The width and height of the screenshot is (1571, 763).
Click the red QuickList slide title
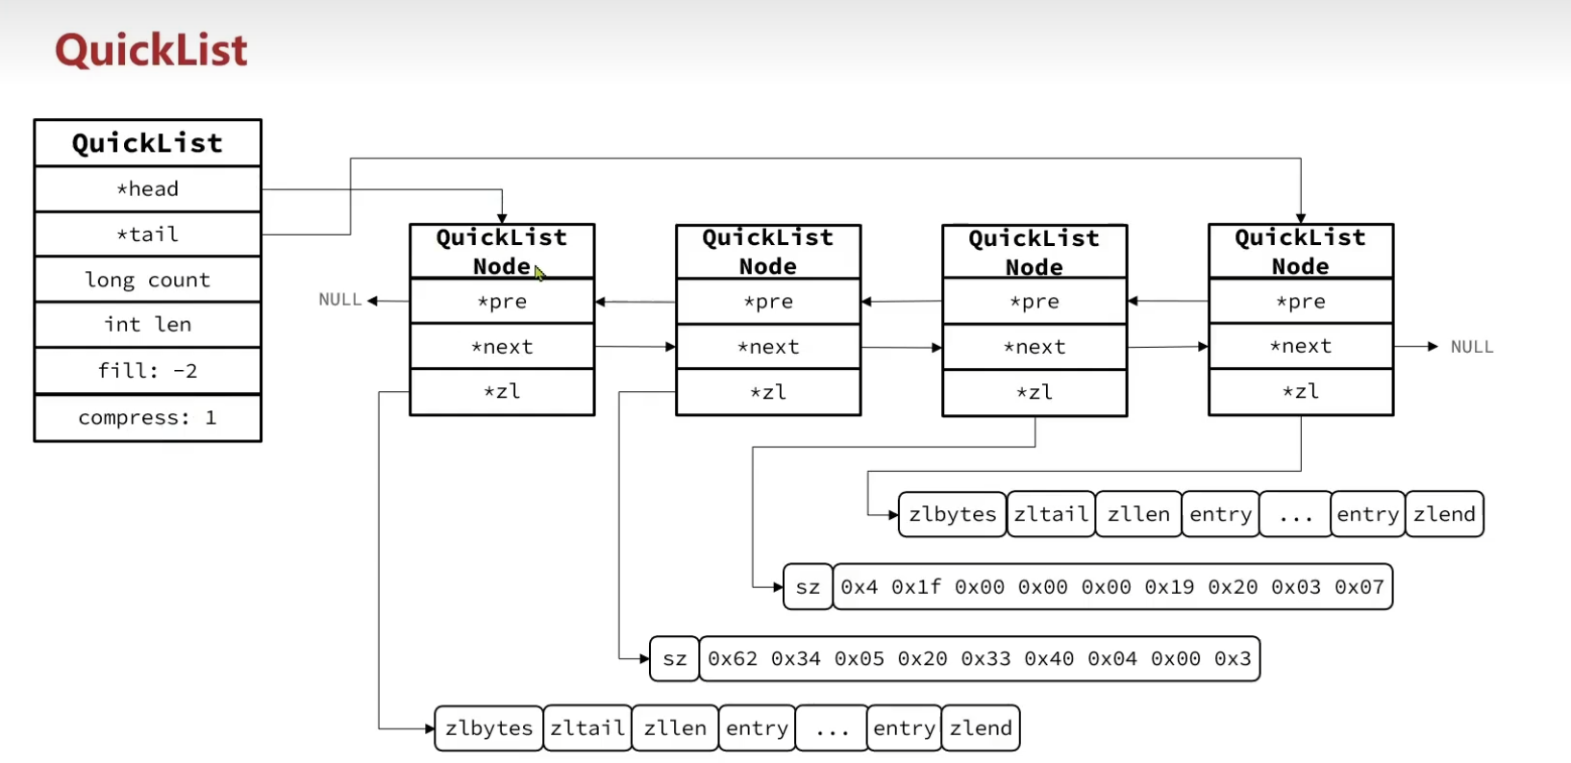click(151, 50)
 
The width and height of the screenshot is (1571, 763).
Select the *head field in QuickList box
click(147, 189)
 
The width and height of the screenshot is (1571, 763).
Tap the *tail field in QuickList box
click(147, 234)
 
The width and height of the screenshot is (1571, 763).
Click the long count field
click(147, 280)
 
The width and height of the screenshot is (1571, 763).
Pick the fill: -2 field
click(147, 371)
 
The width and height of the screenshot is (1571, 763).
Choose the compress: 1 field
click(147, 418)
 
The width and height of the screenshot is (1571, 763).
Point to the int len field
click(147, 325)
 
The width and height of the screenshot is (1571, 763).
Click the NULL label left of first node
click(339, 300)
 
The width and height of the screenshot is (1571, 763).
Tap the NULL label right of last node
click(1471, 347)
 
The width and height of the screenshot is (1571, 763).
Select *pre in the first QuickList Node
click(502, 302)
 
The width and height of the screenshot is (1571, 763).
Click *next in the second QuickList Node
click(768, 347)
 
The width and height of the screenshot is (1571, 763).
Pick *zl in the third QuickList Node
click(1035, 392)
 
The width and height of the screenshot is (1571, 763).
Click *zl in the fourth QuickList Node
click(1301, 391)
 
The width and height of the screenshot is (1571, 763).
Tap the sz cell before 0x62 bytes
click(675, 659)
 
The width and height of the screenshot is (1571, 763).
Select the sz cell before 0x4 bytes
click(808, 587)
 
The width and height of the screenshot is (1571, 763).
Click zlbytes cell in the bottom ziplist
click(488, 728)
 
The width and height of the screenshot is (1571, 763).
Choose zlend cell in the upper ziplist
click(1444, 514)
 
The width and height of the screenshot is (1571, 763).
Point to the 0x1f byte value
click(915, 587)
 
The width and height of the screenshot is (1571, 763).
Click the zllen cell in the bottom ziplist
click(675, 728)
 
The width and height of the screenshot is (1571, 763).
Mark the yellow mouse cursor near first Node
click(539, 273)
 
